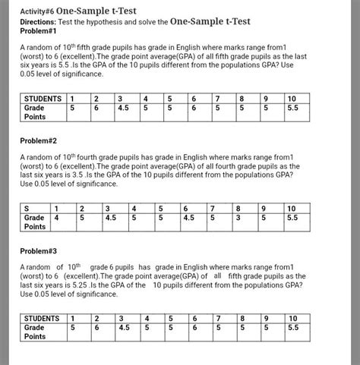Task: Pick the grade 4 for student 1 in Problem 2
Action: pos(57,217)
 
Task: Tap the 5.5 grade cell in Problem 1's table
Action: pos(293,109)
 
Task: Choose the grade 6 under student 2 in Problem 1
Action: pos(96,109)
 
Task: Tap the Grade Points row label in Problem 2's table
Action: pos(35,222)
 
